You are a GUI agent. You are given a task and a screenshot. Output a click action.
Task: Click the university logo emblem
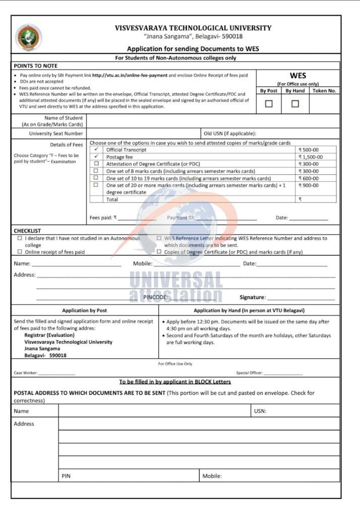(29, 38)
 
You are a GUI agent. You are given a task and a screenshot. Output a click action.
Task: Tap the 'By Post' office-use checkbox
(269, 104)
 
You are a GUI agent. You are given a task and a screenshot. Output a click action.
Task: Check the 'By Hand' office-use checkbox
(295, 104)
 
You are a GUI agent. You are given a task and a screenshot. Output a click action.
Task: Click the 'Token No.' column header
(324, 91)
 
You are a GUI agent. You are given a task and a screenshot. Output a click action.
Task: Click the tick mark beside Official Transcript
(96, 150)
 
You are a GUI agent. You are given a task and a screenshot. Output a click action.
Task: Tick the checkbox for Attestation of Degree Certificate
(96, 164)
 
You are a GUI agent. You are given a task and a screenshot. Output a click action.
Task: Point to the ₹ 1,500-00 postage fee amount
(310, 157)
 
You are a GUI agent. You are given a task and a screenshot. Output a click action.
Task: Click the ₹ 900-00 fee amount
(308, 185)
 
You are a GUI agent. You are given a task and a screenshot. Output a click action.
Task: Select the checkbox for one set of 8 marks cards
(96, 171)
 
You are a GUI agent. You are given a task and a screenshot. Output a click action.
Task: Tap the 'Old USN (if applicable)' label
(230, 134)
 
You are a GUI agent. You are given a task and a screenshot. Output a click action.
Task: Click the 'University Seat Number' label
(55, 134)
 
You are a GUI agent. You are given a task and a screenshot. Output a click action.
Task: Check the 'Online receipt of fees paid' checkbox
(20, 251)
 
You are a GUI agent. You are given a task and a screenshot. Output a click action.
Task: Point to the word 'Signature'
(252, 297)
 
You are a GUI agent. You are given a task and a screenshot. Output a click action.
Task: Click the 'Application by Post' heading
(84, 310)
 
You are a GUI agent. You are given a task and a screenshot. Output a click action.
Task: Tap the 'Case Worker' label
(26, 373)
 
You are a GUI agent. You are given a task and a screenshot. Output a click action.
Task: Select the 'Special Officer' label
(249, 373)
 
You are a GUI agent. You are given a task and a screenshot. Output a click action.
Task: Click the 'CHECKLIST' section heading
(27, 231)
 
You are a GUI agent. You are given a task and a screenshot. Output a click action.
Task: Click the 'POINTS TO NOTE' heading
(35, 66)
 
